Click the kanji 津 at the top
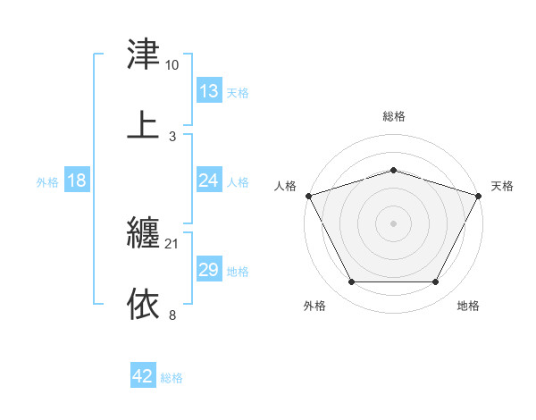click(144, 55)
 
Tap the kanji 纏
click(144, 234)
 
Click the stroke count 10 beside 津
click(172, 65)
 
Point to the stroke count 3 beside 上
click(172, 136)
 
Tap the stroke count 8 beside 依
click(172, 315)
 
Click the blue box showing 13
click(208, 91)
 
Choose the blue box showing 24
click(208, 181)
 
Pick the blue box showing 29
click(208, 270)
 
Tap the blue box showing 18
click(77, 181)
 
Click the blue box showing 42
click(143, 377)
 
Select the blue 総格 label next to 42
click(172, 378)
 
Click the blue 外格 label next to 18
click(47, 181)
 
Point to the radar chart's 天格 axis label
click(502, 186)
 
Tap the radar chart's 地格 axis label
click(468, 306)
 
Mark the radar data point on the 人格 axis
click(308, 196)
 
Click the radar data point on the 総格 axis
click(393, 170)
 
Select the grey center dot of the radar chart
click(393, 223)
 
